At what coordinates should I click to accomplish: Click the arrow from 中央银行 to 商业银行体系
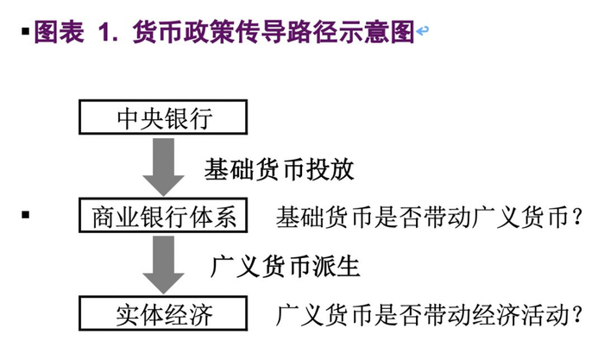(163, 167)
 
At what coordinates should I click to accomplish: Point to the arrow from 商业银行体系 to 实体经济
(163, 265)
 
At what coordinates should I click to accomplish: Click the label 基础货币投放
(279, 169)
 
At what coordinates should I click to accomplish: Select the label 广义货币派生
(286, 266)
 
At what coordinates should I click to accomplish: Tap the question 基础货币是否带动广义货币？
(429, 217)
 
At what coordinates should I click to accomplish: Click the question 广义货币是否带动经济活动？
(429, 315)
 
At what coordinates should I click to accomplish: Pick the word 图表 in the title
(59, 31)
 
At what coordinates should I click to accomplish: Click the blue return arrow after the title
(423, 30)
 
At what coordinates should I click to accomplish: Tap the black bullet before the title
(26, 30)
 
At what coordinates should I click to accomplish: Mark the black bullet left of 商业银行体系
(26, 214)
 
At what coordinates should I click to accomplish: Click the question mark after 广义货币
(576, 217)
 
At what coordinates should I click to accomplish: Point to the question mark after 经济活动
(576, 315)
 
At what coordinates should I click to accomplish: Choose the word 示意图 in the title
(376, 31)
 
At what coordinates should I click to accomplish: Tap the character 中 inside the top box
(128, 117)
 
